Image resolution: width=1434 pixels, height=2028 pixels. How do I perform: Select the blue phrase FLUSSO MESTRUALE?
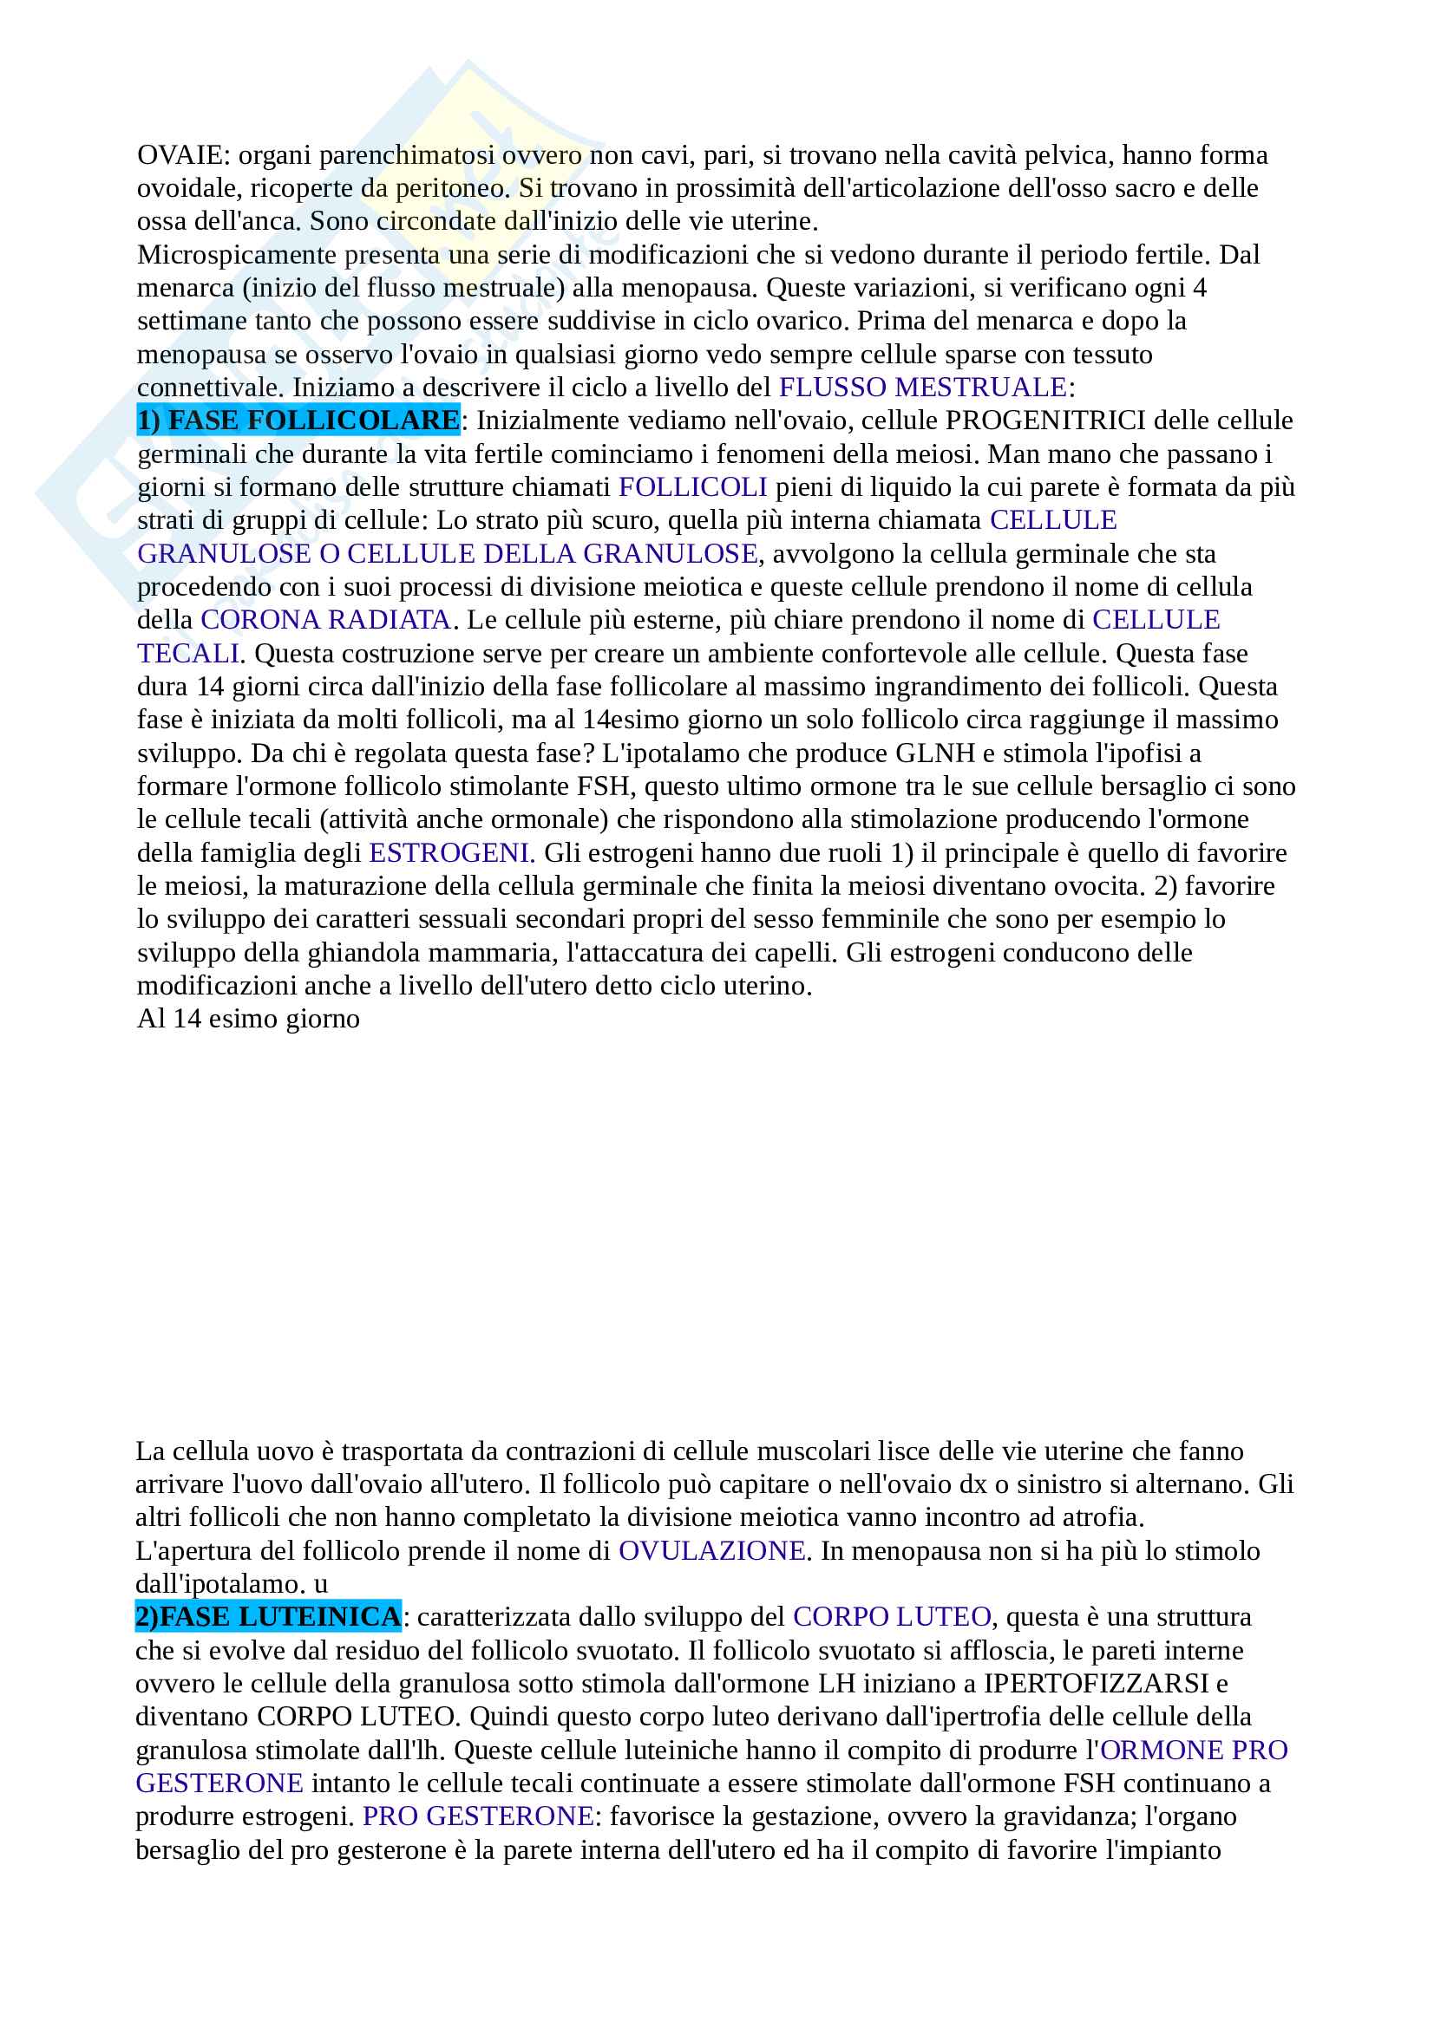click(921, 388)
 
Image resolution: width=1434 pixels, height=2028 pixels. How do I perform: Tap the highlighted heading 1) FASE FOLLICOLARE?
click(298, 421)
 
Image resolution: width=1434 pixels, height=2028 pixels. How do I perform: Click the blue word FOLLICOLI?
click(692, 487)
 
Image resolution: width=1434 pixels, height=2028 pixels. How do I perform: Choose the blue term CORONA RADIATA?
click(325, 620)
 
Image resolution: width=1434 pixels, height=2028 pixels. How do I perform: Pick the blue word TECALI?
click(188, 654)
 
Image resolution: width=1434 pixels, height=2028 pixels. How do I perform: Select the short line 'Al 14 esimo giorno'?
click(248, 1020)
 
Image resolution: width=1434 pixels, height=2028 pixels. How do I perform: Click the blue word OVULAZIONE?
click(711, 1551)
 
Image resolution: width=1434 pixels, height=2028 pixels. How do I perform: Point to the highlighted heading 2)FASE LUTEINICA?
click(268, 1617)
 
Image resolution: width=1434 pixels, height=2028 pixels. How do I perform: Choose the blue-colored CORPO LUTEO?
click(892, 1617)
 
